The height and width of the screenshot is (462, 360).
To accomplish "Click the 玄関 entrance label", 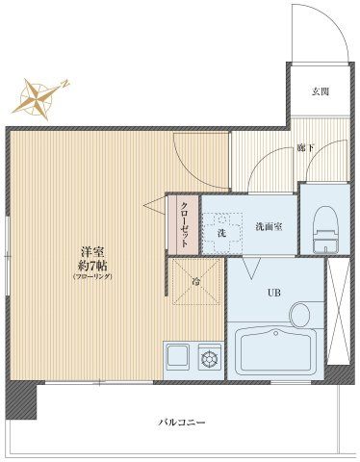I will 321,92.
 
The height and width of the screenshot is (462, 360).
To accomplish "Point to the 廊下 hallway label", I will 306,147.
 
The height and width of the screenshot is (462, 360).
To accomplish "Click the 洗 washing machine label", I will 220,233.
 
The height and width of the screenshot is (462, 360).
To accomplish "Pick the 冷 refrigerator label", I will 195,281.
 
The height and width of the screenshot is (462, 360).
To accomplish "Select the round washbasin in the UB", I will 301,314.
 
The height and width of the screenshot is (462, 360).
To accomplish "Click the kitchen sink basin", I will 178,356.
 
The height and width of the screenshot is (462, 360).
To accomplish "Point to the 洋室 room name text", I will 91,253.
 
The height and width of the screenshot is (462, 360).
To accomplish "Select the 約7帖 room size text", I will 91,266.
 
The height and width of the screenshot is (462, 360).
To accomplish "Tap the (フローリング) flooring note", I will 91,277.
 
